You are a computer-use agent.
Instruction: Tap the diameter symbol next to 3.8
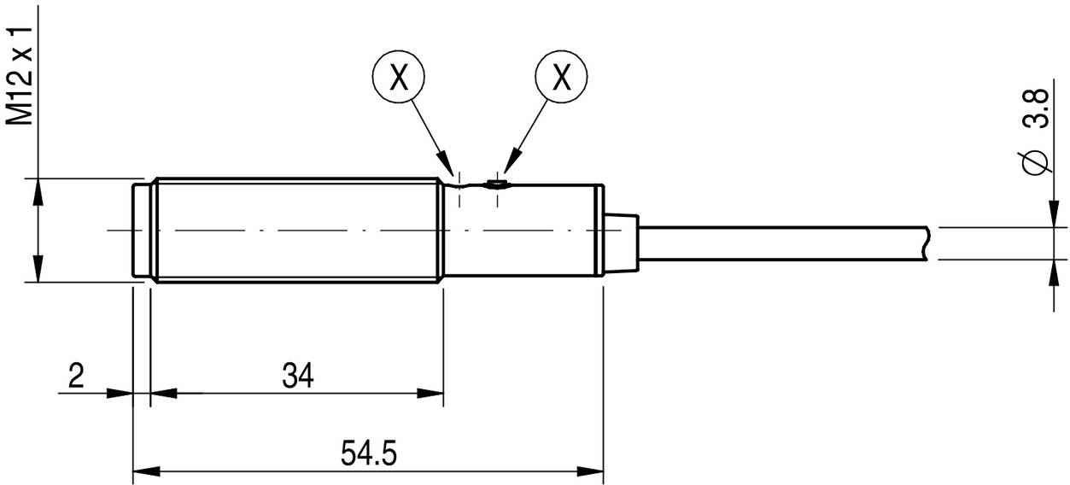tap(1035, 161)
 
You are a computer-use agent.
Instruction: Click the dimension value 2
tap(77, 375)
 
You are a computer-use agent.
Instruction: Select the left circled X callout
tap(398, 78)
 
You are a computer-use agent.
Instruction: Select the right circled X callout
tap(561, 78)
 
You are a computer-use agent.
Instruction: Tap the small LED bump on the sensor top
tap(494, 183)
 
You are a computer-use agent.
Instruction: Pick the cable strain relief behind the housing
tap(621, 243)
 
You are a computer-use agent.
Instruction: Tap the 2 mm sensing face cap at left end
tap(142, 229)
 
